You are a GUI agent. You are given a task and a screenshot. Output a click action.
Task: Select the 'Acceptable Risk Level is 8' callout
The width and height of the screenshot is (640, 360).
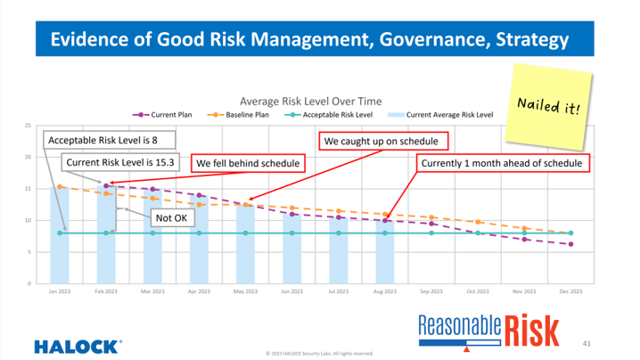click(x=110, y=140)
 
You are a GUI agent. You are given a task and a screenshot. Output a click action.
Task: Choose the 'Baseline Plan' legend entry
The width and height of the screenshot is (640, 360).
click(x=240, y=115)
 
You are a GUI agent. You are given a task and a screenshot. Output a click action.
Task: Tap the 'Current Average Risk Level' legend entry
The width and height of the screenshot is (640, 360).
click(x=442, y=115)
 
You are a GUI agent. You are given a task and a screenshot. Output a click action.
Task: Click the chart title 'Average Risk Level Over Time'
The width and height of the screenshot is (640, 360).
click(x=312, y=101)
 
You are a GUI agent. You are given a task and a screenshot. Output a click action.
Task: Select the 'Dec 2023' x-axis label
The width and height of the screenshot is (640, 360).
click(x=570, y=291)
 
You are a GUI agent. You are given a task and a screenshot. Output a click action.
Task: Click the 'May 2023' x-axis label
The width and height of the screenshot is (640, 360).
click(x=245, y=291)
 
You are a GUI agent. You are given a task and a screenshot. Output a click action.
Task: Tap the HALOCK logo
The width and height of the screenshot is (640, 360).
click(x=78, y=343)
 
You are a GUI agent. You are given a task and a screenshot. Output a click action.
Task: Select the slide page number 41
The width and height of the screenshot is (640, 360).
click(x=586, y=341)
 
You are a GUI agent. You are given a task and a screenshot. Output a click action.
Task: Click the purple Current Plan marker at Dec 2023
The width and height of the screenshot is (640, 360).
click(x=570, y=244)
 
